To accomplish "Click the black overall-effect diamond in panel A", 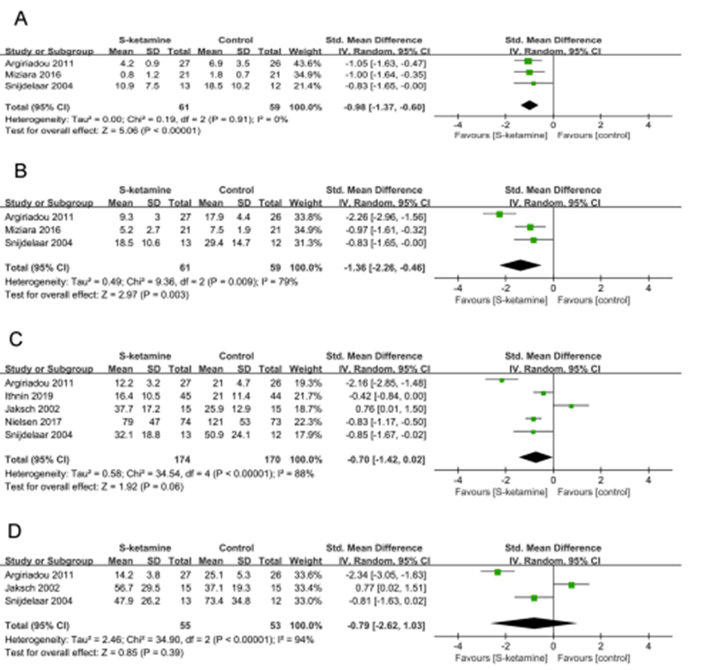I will coord(529,105).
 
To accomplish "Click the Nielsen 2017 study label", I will coord(30,417).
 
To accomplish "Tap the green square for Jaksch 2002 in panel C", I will coord(571,405).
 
